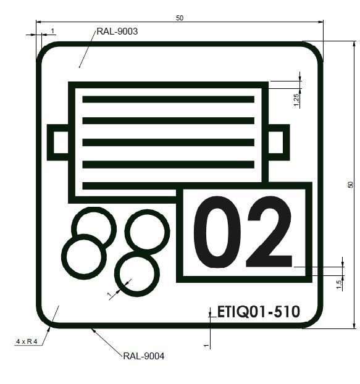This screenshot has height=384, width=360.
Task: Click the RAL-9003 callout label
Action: (x=117, y=31)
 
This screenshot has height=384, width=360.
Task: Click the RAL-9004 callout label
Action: (x=144, y=356)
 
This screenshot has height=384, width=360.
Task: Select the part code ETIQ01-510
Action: (x=259, y=312)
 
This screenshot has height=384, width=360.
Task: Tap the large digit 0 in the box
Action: (x=217, y=232)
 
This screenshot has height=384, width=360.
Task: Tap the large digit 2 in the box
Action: (x=269, y=232)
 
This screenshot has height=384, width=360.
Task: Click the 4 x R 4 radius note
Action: (x=27, y=341)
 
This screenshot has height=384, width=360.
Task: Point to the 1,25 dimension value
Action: (x=296, y=100)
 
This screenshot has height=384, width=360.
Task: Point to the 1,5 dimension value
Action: (x=339, y=285)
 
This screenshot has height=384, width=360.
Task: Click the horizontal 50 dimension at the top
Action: (x=180, y=18)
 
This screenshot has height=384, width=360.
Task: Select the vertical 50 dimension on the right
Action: (x=351, y=185)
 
